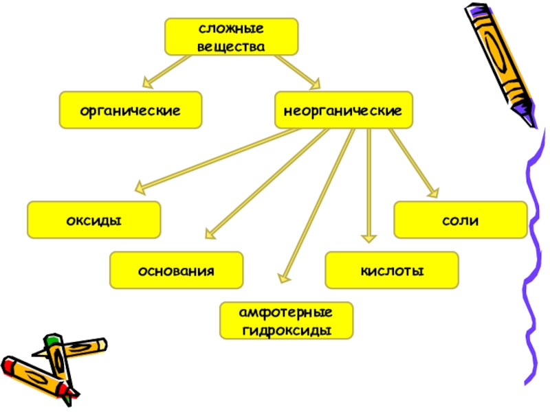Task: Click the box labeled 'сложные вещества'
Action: (231, 37)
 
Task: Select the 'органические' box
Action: (131, 110)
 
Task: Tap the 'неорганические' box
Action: (344, 110)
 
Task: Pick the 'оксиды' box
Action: (94, 220)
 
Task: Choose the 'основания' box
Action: (177, 270)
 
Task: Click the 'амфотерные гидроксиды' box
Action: (286, 321)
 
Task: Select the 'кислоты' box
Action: (392, 270)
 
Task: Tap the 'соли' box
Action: (460, 220)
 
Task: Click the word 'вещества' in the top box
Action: (231, 46)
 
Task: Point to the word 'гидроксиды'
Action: (286, 330)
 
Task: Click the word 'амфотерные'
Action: (286, 312)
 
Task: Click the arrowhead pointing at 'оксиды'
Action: (140, 186)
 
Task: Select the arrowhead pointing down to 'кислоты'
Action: (369, 238)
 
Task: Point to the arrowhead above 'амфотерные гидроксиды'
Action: (283, 278)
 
